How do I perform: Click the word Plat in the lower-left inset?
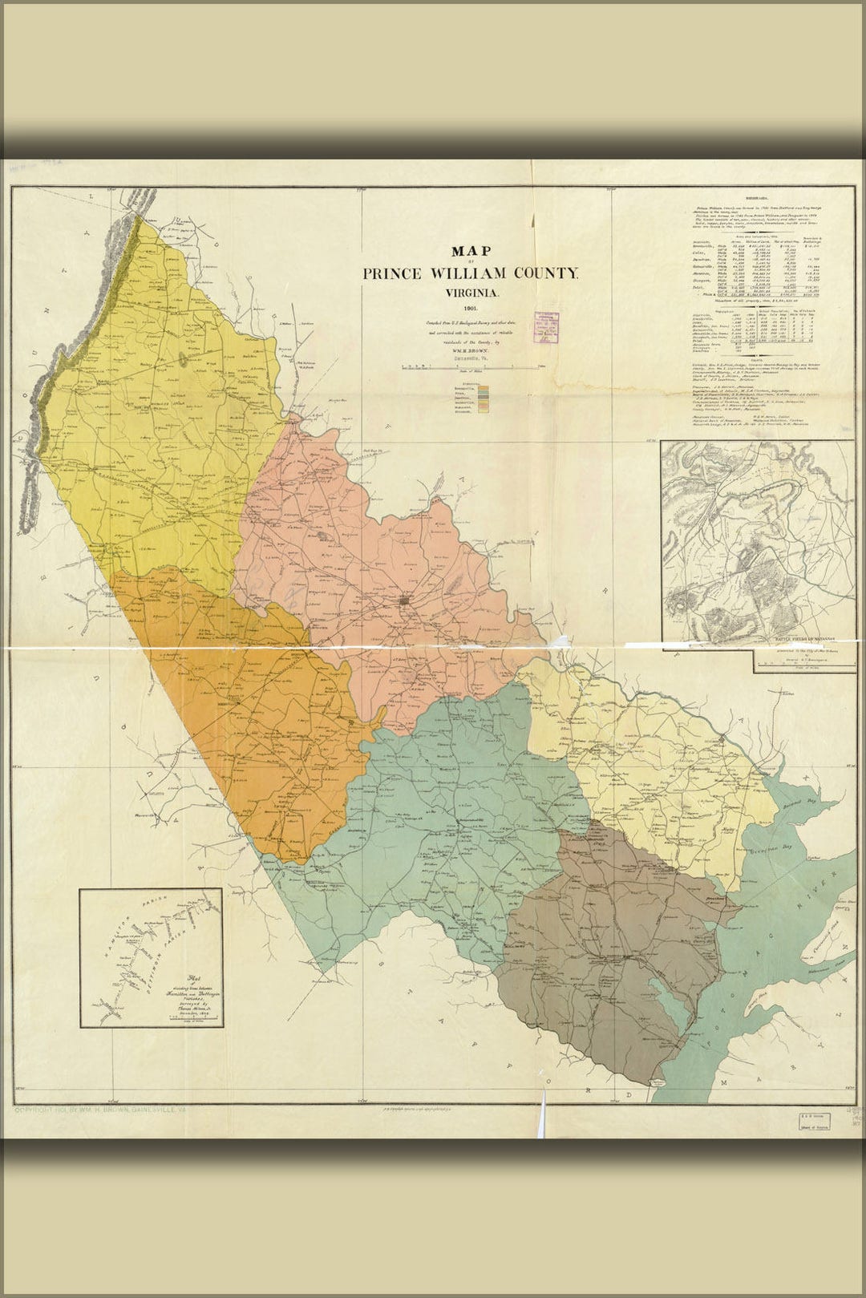click(192, 977)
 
